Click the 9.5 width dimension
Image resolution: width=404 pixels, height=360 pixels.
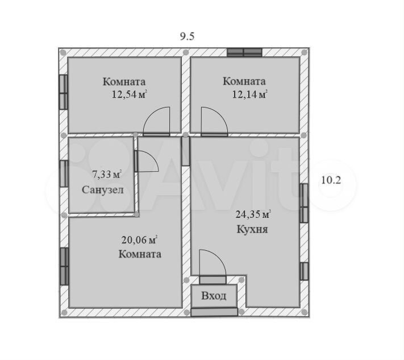(187, 36)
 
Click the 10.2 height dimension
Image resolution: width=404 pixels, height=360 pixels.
(331, 180)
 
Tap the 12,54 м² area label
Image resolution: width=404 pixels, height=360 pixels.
(129, 94)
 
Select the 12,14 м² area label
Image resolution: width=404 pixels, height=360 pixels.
(249, 94)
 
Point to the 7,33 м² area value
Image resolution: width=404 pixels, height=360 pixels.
(107, 175)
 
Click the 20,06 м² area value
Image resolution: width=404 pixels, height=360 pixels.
(139, 240)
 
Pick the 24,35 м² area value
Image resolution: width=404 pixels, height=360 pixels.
(253, 214)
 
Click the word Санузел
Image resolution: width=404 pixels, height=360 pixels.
(103, 190)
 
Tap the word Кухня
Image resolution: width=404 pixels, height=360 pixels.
(252, 229)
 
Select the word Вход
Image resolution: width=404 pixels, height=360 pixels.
(214, 296)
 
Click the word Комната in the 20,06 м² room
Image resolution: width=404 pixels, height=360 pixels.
(140, 254)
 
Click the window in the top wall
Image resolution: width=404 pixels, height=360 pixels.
(244, 52)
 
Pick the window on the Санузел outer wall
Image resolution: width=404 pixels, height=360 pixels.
(64, 173)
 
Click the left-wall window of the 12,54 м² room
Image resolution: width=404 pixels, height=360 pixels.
(64, 92)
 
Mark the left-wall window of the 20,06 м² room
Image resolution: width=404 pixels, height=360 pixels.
(64, 266)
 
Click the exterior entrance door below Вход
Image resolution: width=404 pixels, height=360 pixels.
(214, 312)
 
